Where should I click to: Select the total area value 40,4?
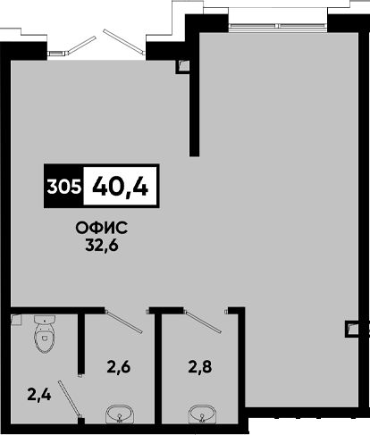120,187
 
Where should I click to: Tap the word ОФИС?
102,229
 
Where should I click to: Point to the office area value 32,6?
102,246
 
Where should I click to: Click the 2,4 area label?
39,395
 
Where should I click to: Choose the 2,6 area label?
119,367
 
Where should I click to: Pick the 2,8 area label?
200,367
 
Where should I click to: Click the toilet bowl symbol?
45,334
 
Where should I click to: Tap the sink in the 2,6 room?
120,414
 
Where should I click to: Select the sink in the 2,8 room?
203,414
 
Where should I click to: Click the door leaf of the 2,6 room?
123,322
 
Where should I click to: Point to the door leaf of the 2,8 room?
203,322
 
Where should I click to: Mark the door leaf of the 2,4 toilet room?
70,398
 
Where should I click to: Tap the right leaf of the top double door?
123,41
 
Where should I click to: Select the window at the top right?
279,26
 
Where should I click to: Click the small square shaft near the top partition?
182,66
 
